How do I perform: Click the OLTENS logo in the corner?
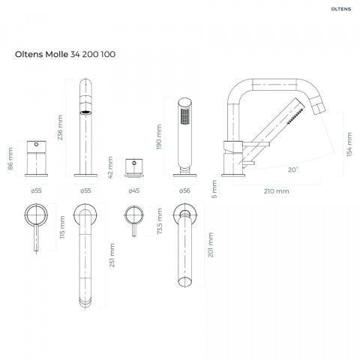pyautogui.click(x=341, y=9)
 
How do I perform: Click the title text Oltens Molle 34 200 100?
pyautogui.click(x=65, y=54)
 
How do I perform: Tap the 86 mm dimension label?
pyautogui.click(x=10, y=158)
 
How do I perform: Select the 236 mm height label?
pyautogui.click(x=60, y=127)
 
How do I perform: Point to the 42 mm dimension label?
pyautogui.click(x=110, y=167)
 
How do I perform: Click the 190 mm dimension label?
pyautogui.click(x=159, y=137)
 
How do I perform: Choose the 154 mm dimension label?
pyautogui.click(x=349, y=145)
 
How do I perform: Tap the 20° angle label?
pyautogui.click(x=293, y=169)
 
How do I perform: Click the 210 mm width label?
pyautogui.click(x=277, y=191)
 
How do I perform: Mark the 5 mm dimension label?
pyautogui.click(x=214, y=189)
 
